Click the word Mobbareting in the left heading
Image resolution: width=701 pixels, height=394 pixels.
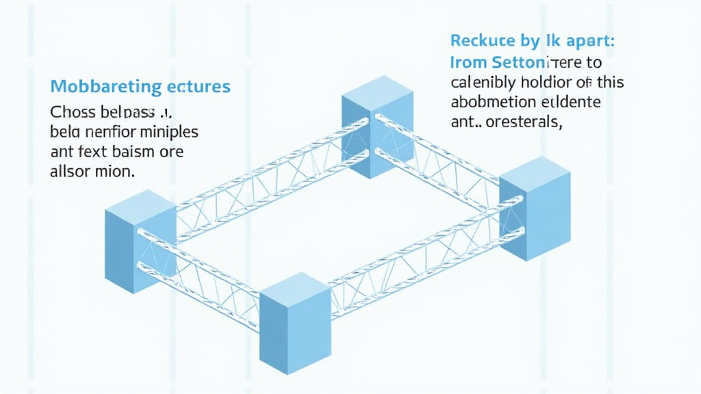tap(96, 87)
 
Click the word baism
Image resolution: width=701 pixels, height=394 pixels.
tap(133, 150)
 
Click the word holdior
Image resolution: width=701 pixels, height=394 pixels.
tap(539, 83)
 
